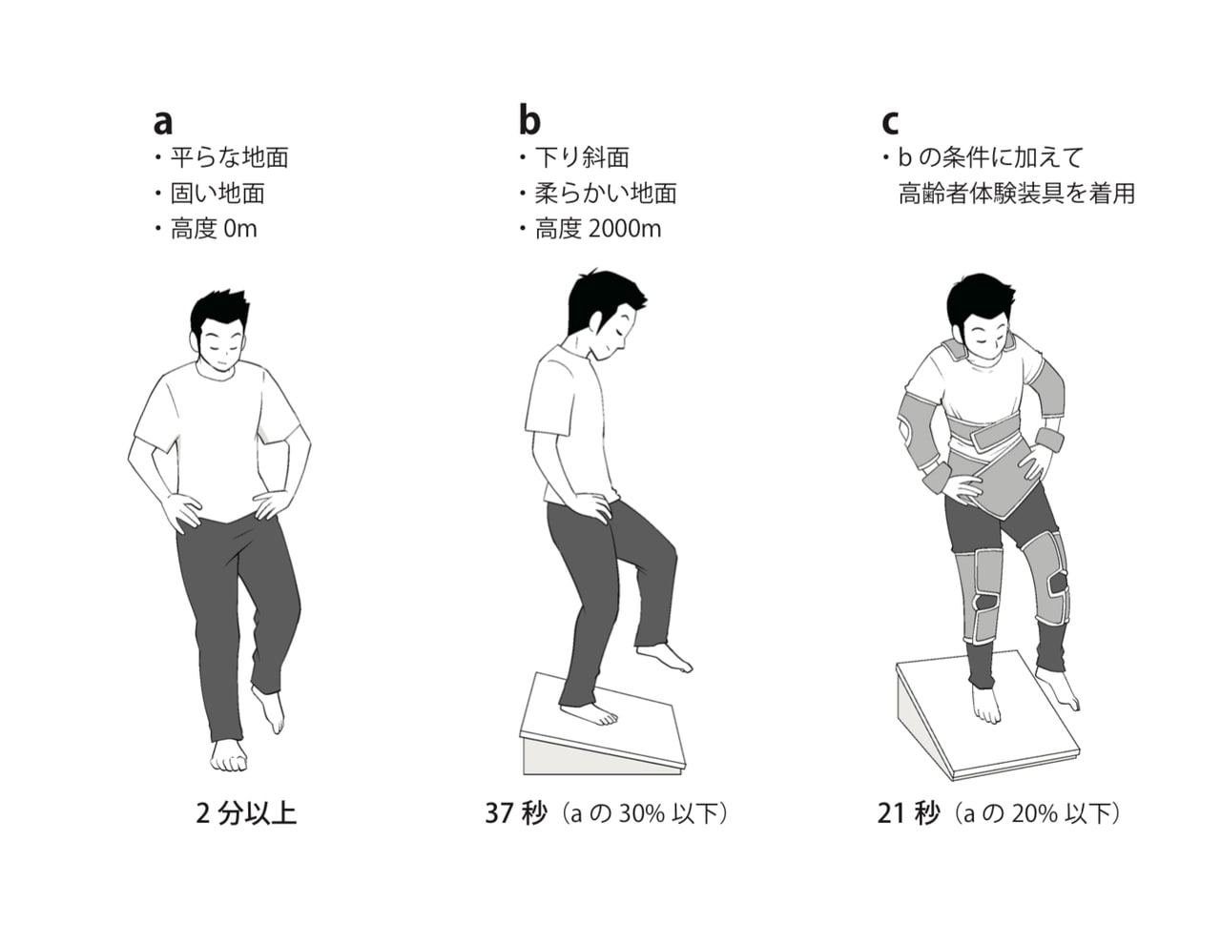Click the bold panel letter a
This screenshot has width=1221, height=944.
163,122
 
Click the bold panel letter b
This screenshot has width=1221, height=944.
529,118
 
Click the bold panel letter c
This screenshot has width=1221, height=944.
890,122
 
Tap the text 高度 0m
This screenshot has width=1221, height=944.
214,229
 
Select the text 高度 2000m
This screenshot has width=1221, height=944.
598,229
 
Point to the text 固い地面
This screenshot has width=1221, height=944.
217,194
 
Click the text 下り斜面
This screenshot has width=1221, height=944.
582,157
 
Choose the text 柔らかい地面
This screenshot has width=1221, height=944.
606,194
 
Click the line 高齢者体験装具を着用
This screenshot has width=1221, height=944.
1017,194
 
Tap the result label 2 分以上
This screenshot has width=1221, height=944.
246,813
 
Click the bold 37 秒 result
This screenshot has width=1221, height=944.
516,813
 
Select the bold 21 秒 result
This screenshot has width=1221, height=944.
908,813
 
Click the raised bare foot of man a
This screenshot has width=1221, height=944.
270,709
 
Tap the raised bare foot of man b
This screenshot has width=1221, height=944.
664,658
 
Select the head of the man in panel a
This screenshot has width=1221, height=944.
219,331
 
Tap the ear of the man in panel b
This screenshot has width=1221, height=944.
597,321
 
